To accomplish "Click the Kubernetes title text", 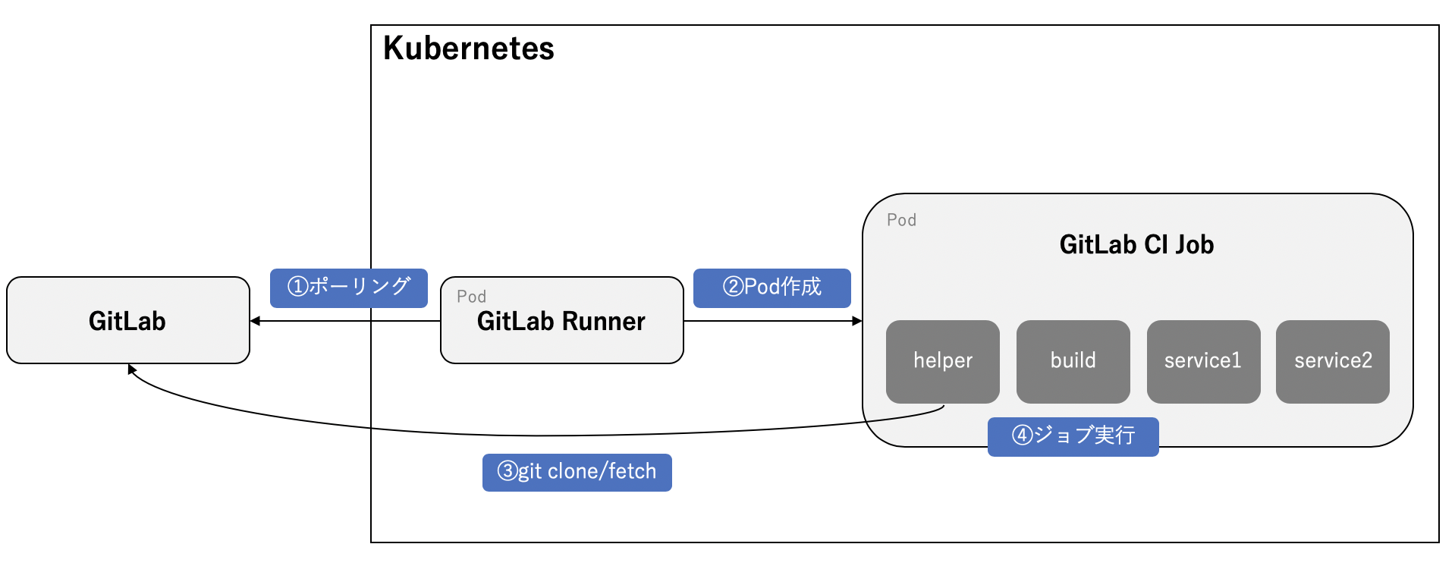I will [468, 49].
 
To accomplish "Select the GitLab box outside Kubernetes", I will [127, 320].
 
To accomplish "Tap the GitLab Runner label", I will [561, 322].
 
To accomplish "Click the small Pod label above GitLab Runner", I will [471, 297].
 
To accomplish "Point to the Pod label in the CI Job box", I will [901, 220].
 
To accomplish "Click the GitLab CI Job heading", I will [1136, 244].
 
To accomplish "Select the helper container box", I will [942, 361].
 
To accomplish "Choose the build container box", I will [1073, 361].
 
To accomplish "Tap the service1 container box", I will [1202, 361].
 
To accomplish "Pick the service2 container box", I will [1332, 361].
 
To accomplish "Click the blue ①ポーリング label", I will [348, 288].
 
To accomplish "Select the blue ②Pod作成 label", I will [771, 288].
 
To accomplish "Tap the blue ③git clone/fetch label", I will [577, 472].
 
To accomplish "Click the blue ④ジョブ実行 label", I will [1073, 436].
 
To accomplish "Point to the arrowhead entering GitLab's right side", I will [256, 321].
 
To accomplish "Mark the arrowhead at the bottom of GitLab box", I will [131, 369].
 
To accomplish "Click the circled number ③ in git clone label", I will [507, 471].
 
